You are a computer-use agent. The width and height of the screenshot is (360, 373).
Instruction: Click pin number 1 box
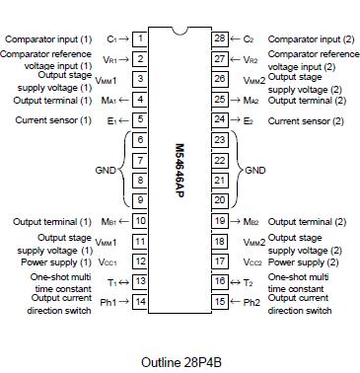tap(140, 38)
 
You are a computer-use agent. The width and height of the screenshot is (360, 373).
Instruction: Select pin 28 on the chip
tap(220, 38)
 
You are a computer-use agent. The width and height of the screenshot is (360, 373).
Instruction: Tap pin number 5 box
tap(140, 119)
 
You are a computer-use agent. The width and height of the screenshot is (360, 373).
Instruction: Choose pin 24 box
tap(220, 119)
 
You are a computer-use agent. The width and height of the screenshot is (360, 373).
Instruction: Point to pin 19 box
tap(220, 222)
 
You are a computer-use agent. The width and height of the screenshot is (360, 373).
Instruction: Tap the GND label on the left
tap(106, 170)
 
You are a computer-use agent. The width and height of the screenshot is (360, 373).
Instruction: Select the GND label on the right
tap(254, 170)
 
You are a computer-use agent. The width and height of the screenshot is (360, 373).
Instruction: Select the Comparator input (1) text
tap(47, 38)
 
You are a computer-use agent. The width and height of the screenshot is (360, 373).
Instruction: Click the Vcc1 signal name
tap(110, 262)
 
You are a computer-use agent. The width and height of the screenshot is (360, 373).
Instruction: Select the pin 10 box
tap(140, 222)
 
